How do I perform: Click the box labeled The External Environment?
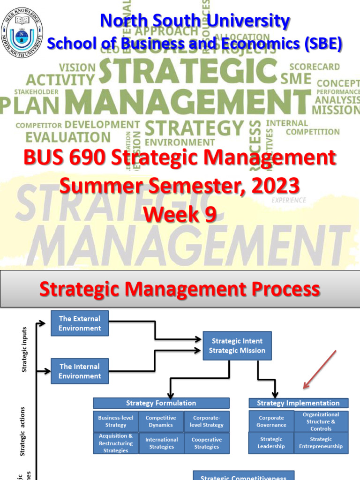(x=80, y=323)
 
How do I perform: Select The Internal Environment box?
(x=80, y=371)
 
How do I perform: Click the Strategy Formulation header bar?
(x=161, y=403)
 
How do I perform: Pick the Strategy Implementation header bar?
(x=298, y=403)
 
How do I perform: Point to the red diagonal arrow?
(x=320, y=369)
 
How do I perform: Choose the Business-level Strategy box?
(x=116, y=421)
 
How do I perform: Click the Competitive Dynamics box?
(x=161, y=421)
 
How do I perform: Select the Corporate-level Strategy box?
(x=206, y=421)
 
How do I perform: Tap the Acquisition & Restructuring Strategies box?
(x=116, y=443)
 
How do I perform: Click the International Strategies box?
(x=161, y=443)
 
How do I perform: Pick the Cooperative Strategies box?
(x=206, y=443)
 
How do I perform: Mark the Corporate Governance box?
(x=271, y=421)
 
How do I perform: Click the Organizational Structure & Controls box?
(x=321, y=421)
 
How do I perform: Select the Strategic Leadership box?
(x=271, y=443)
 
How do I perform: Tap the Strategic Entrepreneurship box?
(x=321, y=443)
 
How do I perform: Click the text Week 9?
(x=180, y=214)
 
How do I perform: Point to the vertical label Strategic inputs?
(x=25, y=350)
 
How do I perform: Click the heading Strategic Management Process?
(x=180, y=289)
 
